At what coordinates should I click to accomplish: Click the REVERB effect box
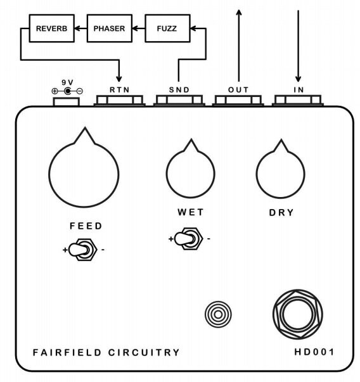(52, 29)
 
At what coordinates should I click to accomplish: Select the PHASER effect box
(110, 29)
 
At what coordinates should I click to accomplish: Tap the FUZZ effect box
(167, 29)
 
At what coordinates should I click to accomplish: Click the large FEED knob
(84, 170)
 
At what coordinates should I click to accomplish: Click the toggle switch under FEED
(82, 250)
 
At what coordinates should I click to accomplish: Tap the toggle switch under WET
(188, 239)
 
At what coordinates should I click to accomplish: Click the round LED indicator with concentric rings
(218, 314)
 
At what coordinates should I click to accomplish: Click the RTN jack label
(119, 90)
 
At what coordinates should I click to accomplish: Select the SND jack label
(179, 90)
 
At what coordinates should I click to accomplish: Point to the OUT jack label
(238, 90)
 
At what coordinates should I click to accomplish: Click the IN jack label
(299, 90)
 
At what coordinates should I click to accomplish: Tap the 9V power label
(68, 82)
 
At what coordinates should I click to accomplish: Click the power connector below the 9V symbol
(67, 102)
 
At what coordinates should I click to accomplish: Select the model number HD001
(314, 352)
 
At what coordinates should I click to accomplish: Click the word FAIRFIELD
(67, 352)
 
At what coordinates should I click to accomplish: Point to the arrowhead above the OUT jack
(239, 13)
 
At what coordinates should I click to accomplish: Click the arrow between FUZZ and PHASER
(139, 29)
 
